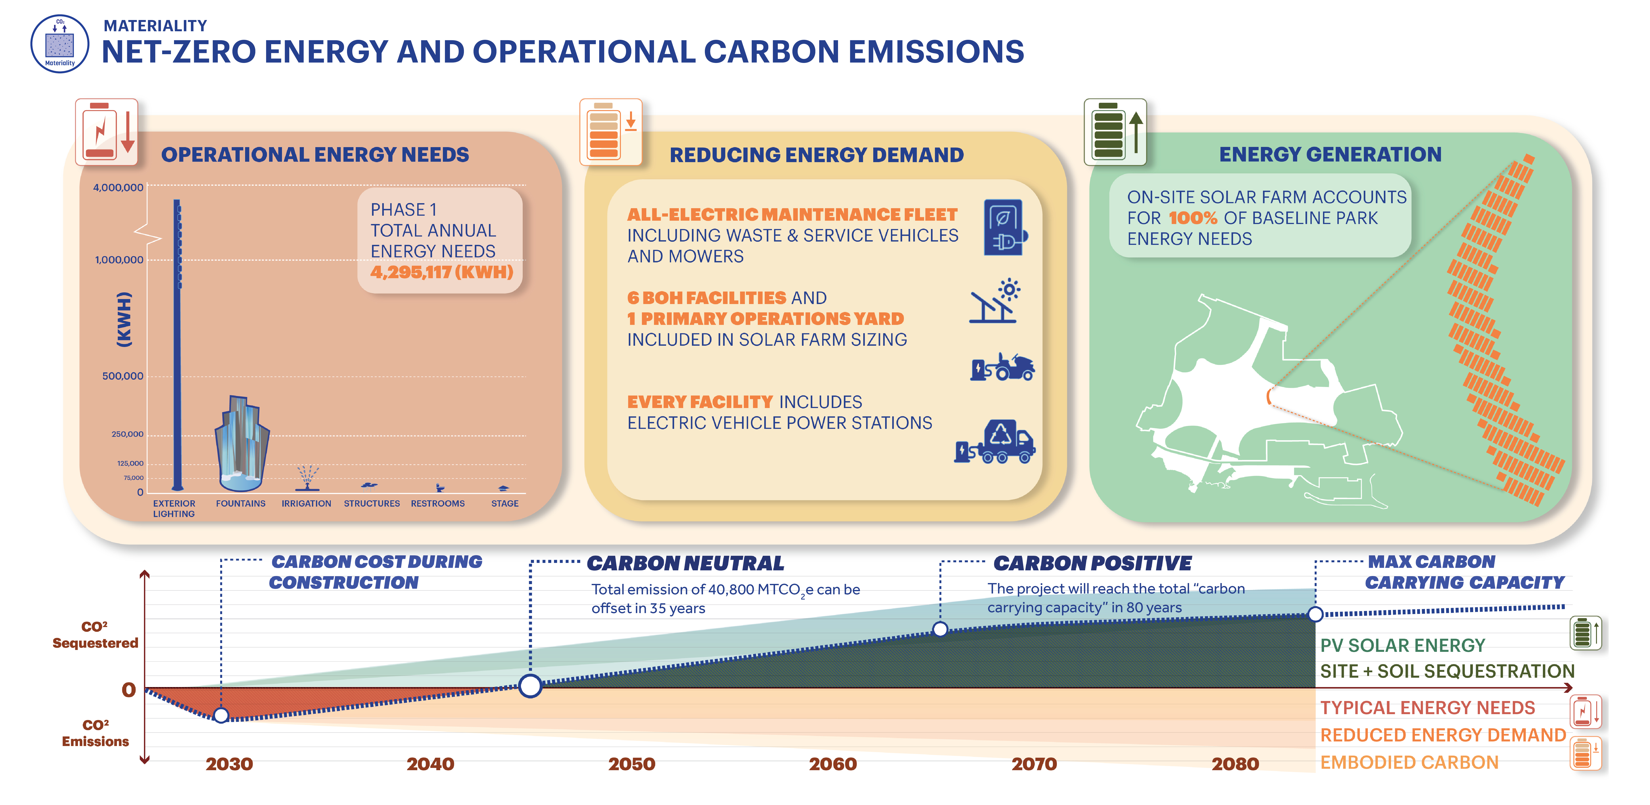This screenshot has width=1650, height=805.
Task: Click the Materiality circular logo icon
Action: [x=60, y=44]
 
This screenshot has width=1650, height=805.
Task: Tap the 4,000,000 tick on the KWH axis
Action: [x=119, y=188]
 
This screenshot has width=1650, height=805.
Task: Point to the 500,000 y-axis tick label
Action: [x=123, y=376]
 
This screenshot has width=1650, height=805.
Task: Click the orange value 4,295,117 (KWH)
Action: [x=442, y=272]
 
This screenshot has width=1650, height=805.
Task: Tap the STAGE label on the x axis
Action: [x=505, y=503]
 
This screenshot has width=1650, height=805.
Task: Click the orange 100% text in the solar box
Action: [x=1193, y=218]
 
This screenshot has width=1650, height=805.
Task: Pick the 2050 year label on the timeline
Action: [x=631, y=764]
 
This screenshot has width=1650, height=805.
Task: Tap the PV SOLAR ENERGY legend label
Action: [x=1402, y=646]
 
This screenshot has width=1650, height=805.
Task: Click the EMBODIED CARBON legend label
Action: [x=1409, y=763]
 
